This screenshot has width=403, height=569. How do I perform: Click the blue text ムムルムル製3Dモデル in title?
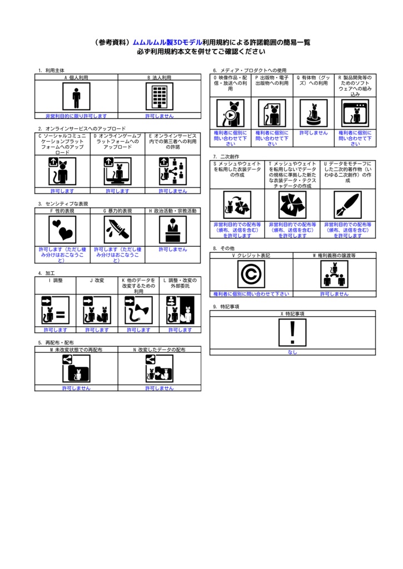(x=167, y=42)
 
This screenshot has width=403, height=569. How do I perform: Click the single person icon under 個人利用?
(x=76, y=96)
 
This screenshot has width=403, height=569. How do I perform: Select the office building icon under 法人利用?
(x=160, y=96)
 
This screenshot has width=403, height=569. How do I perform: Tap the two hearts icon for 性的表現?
(x=62, y=229)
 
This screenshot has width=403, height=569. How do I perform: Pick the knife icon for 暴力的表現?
(x=118, y=229)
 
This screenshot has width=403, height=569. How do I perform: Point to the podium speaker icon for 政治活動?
(x=173, y=229)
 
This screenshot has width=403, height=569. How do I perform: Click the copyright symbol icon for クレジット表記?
(x=251, y=274)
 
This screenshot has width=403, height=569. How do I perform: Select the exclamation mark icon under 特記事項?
(x=292, y=332)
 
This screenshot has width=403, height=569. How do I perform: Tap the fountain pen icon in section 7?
(x=347, y=205)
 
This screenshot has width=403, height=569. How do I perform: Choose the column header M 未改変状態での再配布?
(x=76, y=350)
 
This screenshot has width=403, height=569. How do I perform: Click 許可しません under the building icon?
(x=160, y=116)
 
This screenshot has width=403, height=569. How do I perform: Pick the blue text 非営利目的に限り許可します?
(x=76, y=116)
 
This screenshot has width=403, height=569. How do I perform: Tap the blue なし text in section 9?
(x=292, y=352)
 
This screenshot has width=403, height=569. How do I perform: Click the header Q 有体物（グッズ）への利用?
(x=314, y=80)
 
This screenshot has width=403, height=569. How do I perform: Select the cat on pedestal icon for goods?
(x=314, y=113)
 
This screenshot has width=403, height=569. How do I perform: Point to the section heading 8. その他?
(x=223, y=248)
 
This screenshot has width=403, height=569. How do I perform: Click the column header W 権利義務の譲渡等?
(x=335, y=256)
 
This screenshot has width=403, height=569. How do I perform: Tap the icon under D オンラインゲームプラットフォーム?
(x=118, y=171)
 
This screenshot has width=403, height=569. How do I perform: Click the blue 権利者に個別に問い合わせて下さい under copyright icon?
(x=251, y=294)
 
